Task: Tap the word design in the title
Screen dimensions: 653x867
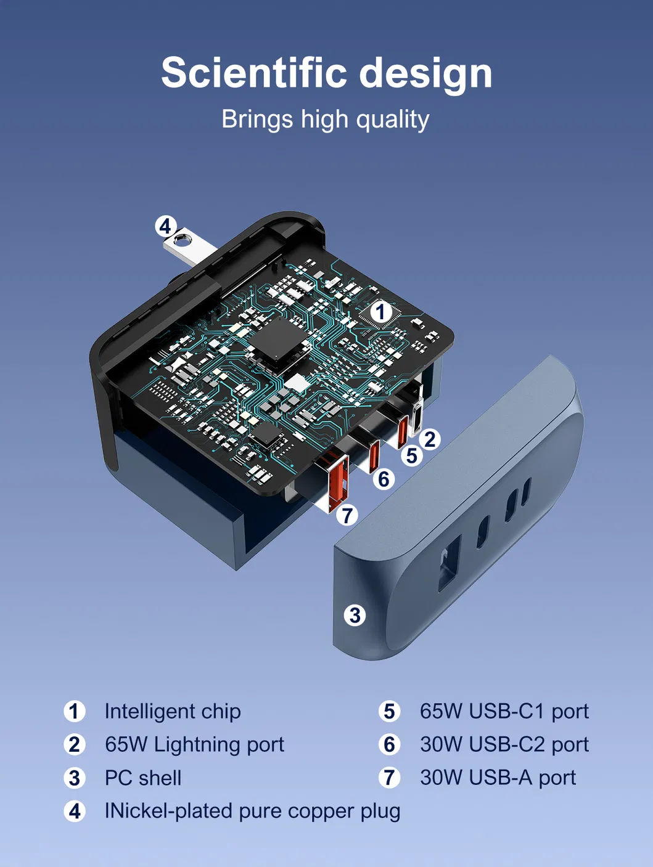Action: pos(425,75)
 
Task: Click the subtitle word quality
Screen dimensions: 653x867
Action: pos(392,119)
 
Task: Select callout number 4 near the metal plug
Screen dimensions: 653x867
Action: pos(165,226)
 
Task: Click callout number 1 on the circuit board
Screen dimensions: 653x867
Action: pos(380,312)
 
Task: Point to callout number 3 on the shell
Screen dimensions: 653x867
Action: pos(355,616)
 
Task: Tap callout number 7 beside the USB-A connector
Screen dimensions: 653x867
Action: pos(347,515)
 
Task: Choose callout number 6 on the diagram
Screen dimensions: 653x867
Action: pos(384,479)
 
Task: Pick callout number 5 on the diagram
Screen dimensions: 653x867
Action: pos(412,456)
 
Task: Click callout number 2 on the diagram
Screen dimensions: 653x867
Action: pos(430,439)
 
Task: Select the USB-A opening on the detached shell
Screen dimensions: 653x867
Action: pos(450,563)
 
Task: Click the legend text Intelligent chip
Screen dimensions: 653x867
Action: pos(173,711)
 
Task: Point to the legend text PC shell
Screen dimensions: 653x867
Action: pos(143,778)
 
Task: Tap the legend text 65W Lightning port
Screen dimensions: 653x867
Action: pos(194,745)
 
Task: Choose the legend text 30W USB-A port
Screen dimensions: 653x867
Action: pos(498,778)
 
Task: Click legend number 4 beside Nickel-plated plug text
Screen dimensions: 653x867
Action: pos(75,812)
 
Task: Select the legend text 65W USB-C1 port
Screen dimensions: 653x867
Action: pos(504,711)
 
